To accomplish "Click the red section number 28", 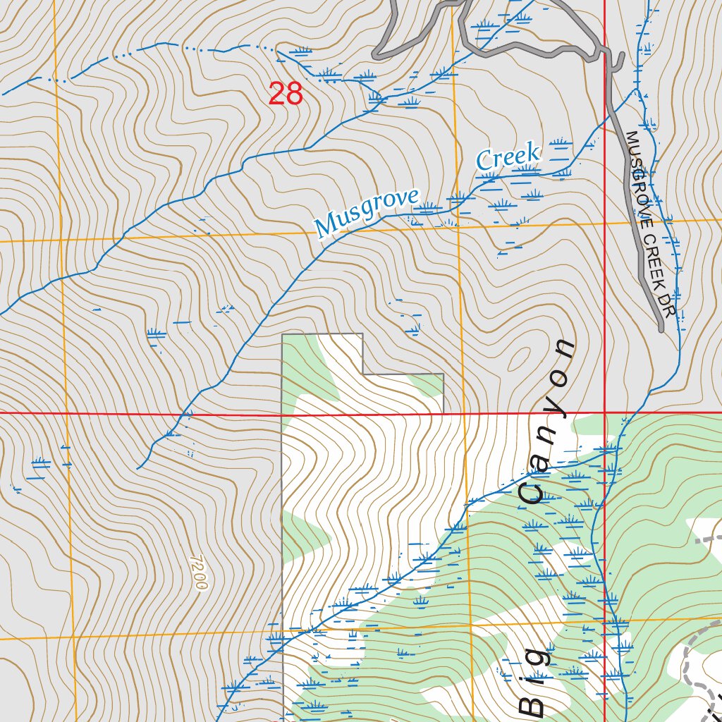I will (x=286, y=94).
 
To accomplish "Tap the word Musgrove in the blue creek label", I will (x=367, y=213).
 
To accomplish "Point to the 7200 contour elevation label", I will (x=199, y=572).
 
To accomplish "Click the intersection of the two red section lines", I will (x=606, y=412).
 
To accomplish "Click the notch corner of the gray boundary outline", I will (x=362, y=374).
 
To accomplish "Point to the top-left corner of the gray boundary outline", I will (x=282, y=335).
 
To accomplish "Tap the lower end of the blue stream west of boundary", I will (x=137, y=468).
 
